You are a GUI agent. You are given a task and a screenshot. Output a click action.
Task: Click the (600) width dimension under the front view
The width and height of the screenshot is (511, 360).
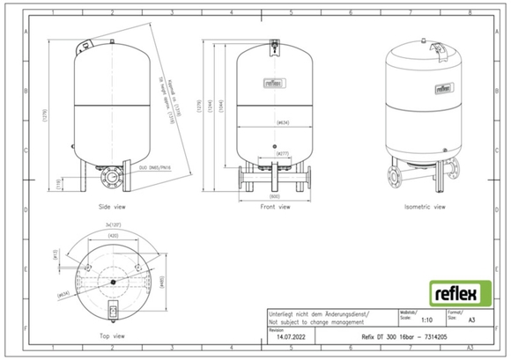point(277,196)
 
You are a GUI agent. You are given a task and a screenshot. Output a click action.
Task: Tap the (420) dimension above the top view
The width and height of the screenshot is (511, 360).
point(114,237)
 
